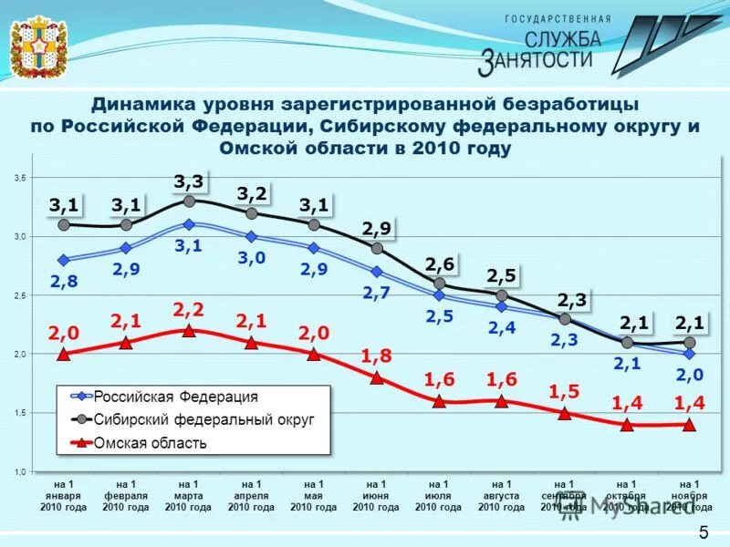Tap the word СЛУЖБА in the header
point(562,38)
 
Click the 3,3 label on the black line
point(189,182)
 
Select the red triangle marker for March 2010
point(189,330)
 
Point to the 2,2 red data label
point(189,310)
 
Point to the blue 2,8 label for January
point(64,282)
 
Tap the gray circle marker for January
point(64,224)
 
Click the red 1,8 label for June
point(375,356)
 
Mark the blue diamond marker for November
point(688,354)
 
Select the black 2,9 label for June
point(376,228)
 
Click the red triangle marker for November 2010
point(688,424)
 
